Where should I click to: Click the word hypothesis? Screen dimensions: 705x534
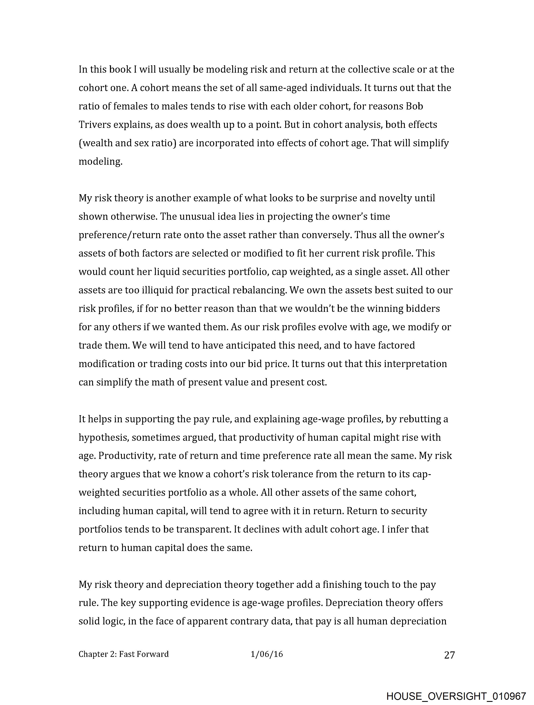(103, 437)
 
